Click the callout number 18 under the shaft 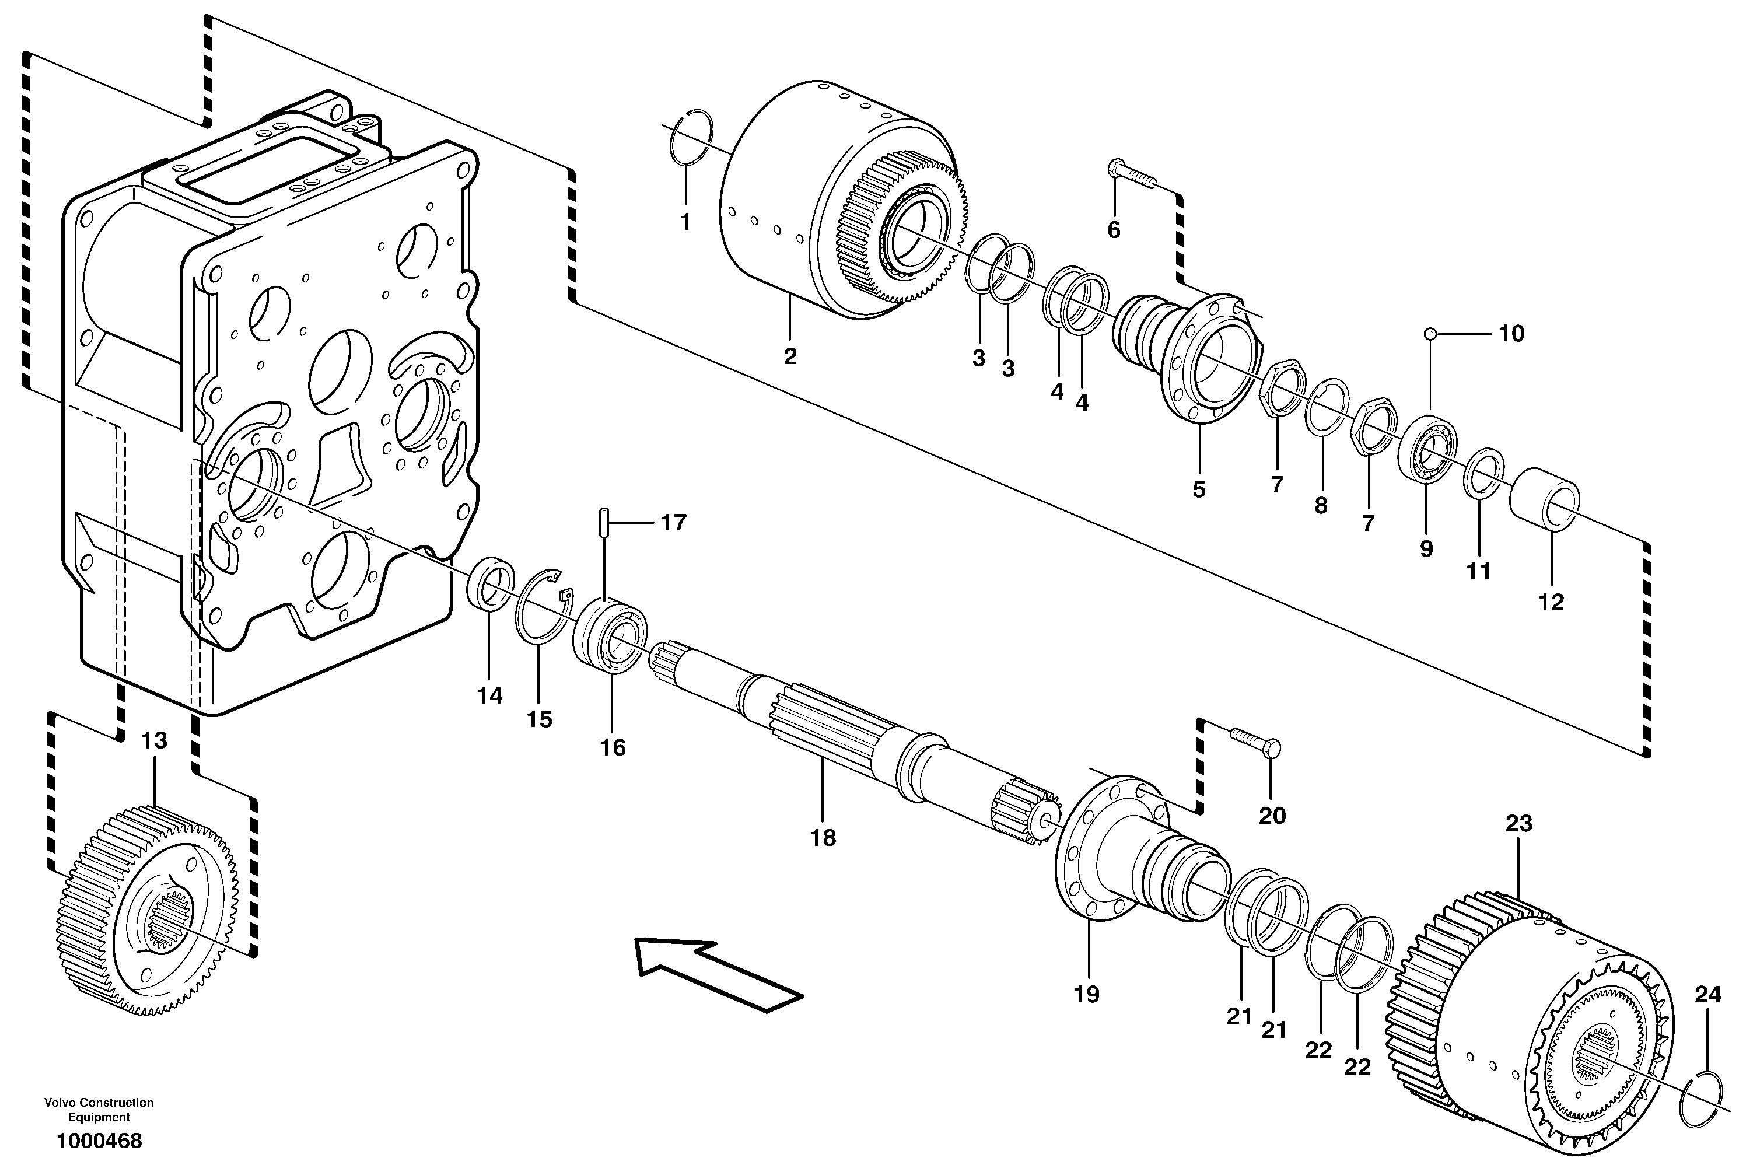[822, 838]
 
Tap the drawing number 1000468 [99, 1141]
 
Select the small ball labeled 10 [1430, 334]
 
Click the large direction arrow [718, 974]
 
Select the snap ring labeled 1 [690, 135]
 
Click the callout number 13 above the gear [155, 740]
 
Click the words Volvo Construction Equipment [99, 1108]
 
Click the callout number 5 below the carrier [1198, 489]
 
